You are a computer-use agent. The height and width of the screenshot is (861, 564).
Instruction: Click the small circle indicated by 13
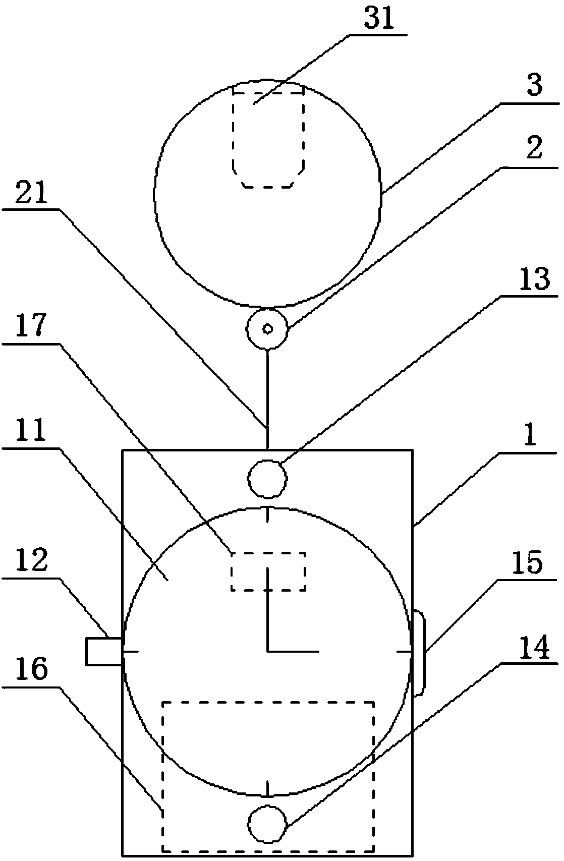[268, 479]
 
